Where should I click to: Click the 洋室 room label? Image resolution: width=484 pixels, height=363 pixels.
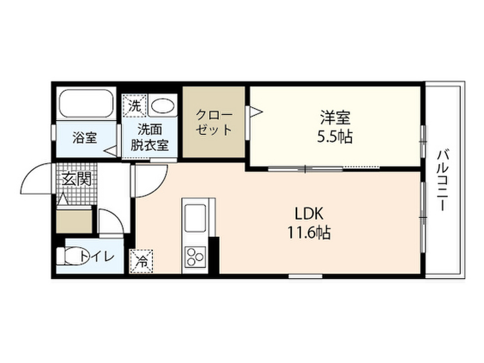pos(335,116)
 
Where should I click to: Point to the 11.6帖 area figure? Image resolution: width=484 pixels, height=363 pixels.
pos(309,233)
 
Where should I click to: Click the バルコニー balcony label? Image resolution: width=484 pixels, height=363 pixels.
pos(443,180)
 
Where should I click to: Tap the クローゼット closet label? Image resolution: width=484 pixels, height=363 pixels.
pos(214,123)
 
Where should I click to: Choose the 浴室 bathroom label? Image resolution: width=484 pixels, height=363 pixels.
pos(85,138)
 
